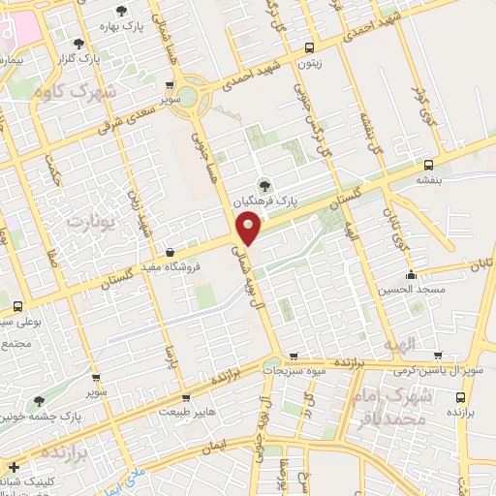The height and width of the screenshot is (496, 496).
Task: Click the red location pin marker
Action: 249,230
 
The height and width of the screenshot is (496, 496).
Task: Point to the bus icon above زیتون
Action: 309,47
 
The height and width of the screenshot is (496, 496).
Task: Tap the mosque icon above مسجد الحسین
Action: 413,274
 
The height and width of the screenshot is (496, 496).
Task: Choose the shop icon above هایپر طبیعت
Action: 186,397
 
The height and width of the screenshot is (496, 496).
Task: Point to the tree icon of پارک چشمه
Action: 39,400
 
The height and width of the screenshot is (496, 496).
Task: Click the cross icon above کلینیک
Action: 14,468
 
